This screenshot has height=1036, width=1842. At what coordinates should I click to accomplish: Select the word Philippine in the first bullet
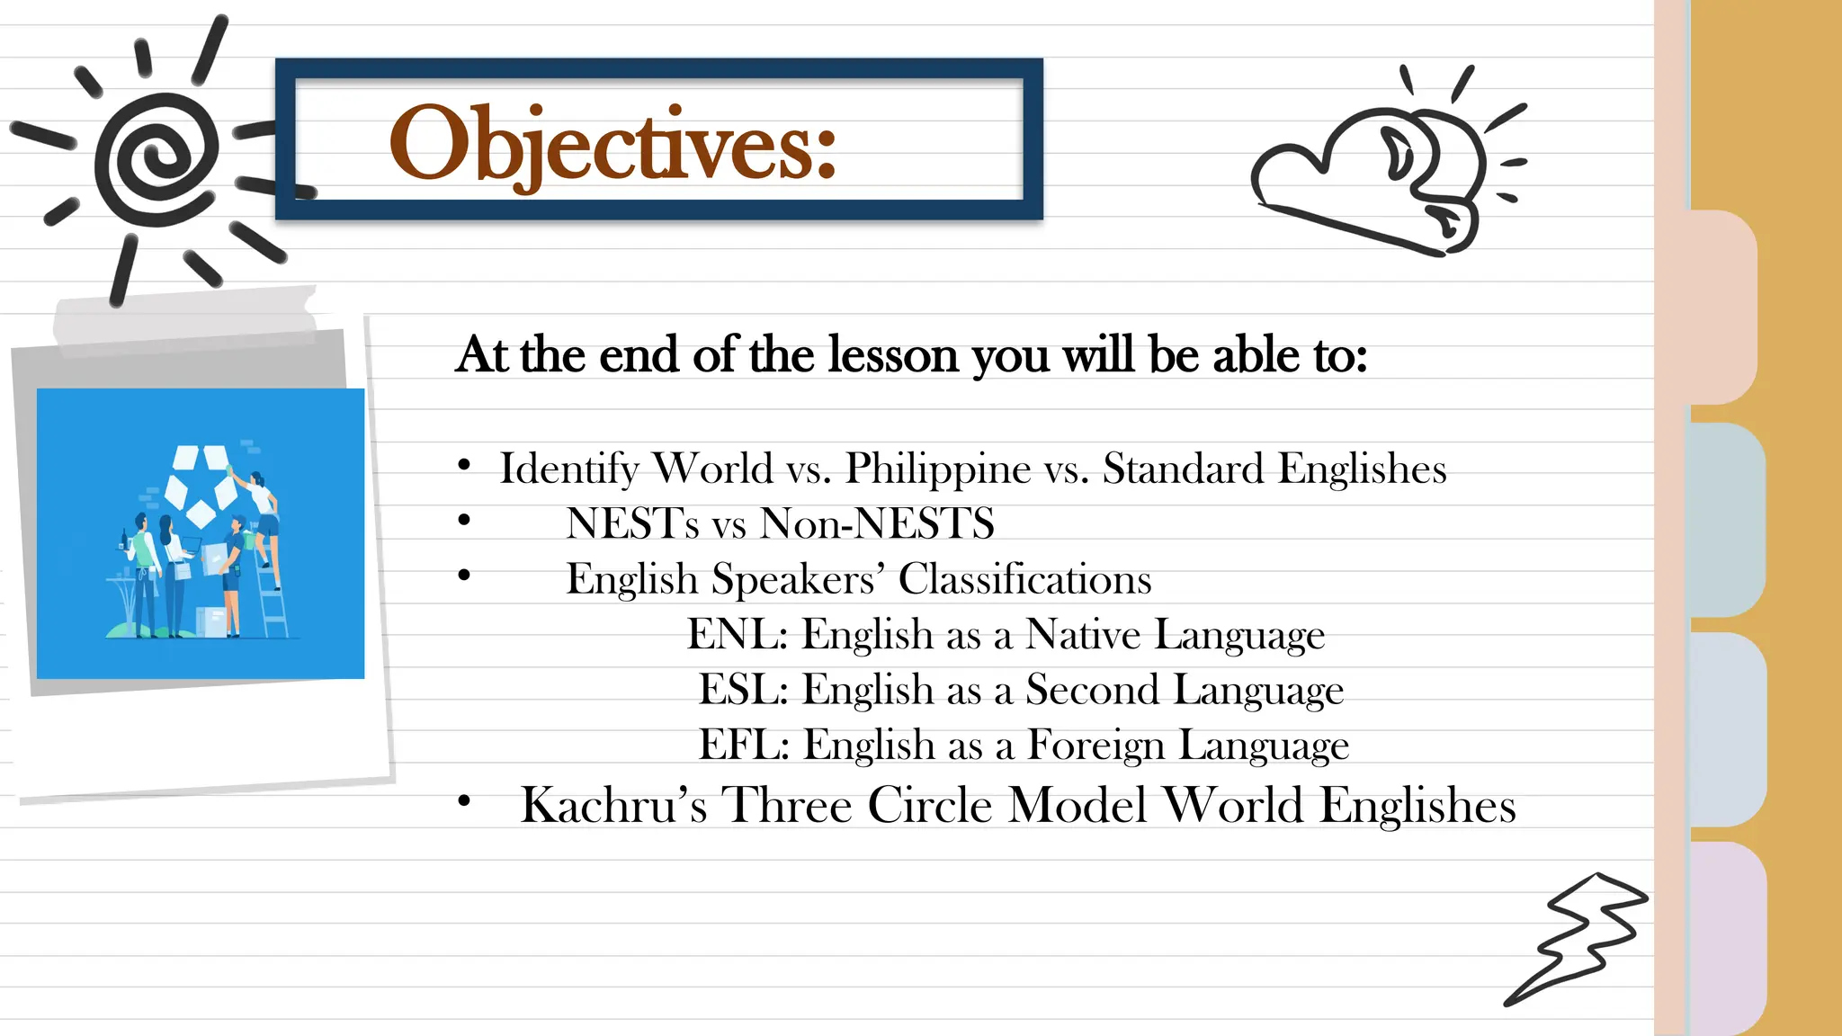pyautogui.click(x=937, y=469)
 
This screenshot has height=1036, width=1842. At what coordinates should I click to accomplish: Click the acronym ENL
pyautogui.click(x=736, y=634)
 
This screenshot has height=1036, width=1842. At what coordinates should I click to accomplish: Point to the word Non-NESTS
pyautogui.click(x=877, y=523)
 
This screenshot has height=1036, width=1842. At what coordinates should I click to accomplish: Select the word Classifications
pyautogui.click(x=1024, y=579)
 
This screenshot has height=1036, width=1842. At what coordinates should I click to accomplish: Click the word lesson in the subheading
pyautogui.click(x=893, y=354)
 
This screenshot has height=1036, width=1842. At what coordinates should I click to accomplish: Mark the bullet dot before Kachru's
pyautogui.click(x=464, y=800)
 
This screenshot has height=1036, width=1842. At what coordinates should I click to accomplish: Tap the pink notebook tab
pyautogui.click(x=1722, y=306)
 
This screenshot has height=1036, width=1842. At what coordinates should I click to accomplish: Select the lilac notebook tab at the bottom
pyautogui.click(x=1727, y=935)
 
